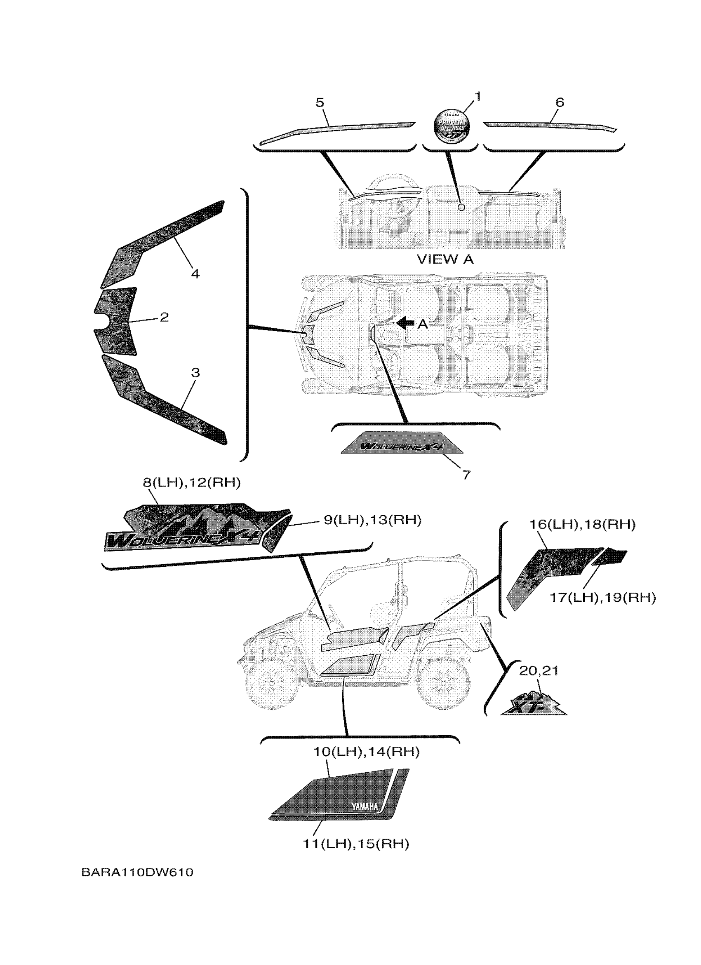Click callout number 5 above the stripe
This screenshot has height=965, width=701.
320,103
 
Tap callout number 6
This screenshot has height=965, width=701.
560,103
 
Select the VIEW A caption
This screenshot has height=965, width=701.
445,259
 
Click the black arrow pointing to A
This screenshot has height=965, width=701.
405,323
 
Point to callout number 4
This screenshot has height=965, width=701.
195,273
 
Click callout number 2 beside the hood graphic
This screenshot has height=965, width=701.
164,317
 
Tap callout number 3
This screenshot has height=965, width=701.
195,373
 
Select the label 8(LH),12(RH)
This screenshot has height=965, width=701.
192,483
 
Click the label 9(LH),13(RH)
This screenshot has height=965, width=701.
372,520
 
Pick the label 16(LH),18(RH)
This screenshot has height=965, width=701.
582,524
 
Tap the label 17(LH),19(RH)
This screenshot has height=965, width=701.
602,597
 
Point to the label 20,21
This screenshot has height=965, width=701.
538,671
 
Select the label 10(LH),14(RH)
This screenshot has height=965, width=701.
366,752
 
